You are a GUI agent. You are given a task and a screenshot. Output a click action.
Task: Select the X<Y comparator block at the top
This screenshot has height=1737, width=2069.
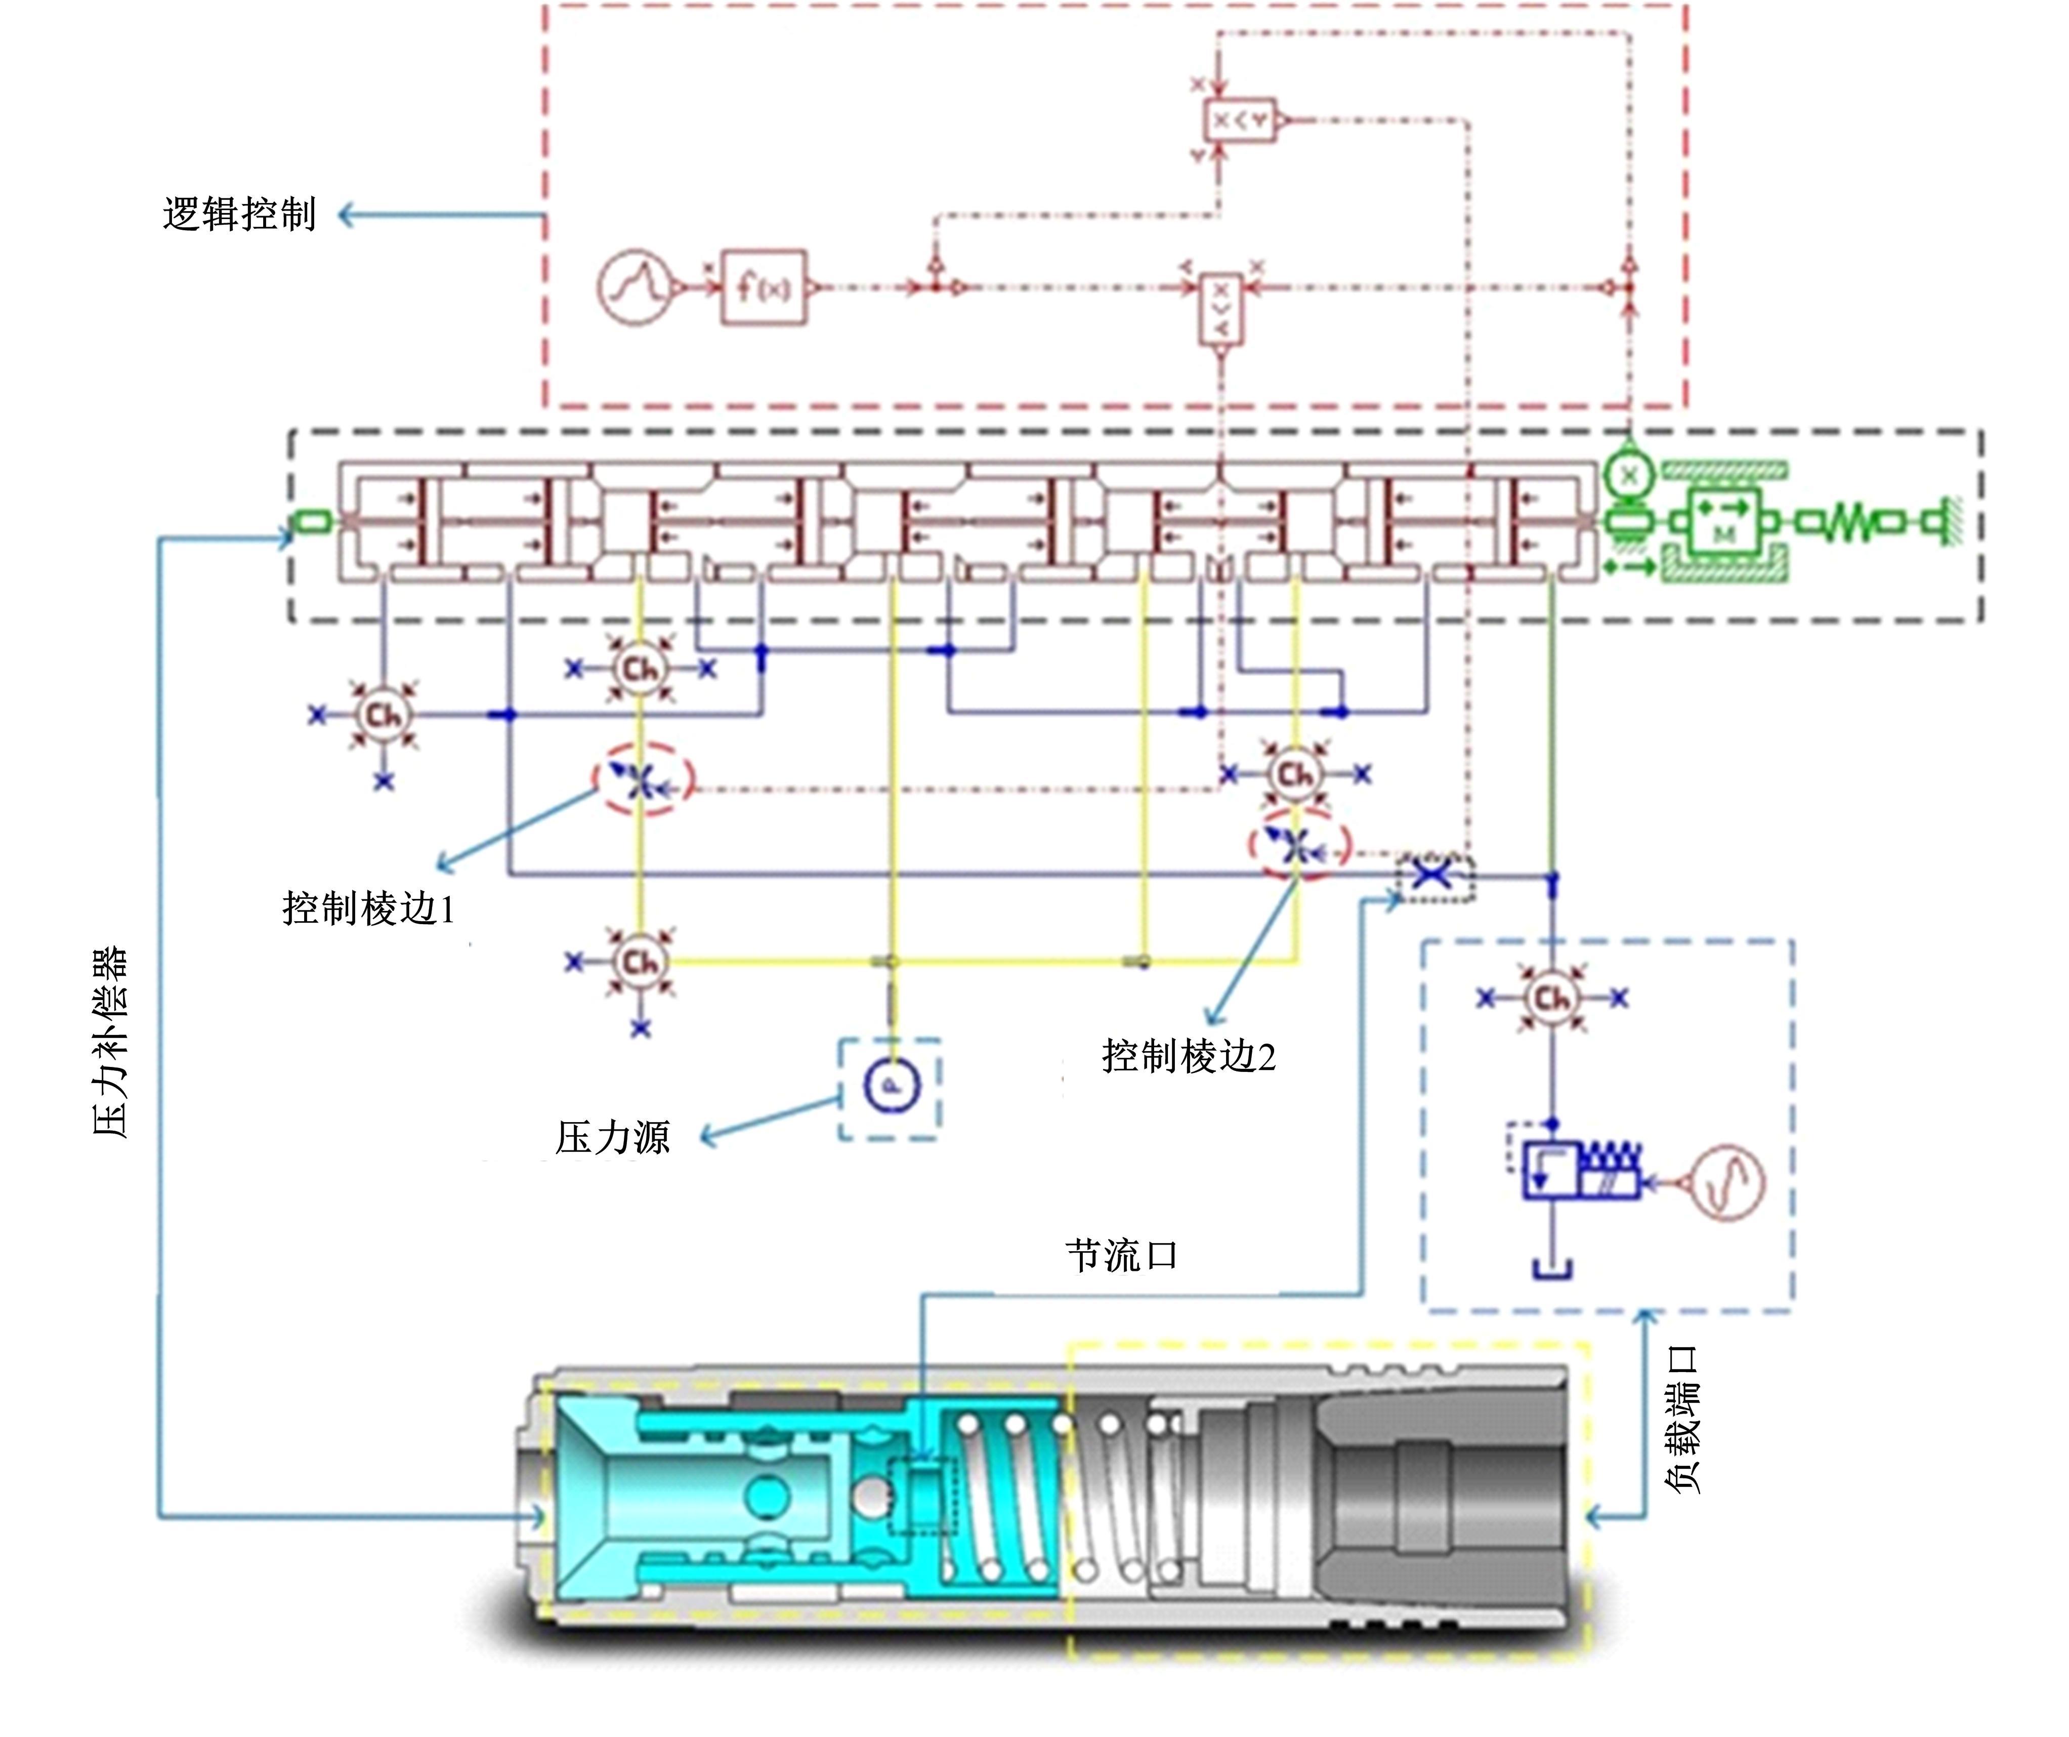click(x=1240, y=120)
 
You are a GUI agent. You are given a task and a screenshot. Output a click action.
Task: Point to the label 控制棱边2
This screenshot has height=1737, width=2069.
click(x=1188, y=1056)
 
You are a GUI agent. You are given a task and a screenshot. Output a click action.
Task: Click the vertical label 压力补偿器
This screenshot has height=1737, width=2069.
click(x=110, y=1043)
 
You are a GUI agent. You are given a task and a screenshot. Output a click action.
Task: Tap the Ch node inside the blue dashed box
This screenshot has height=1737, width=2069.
click(x=1552, y=998)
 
